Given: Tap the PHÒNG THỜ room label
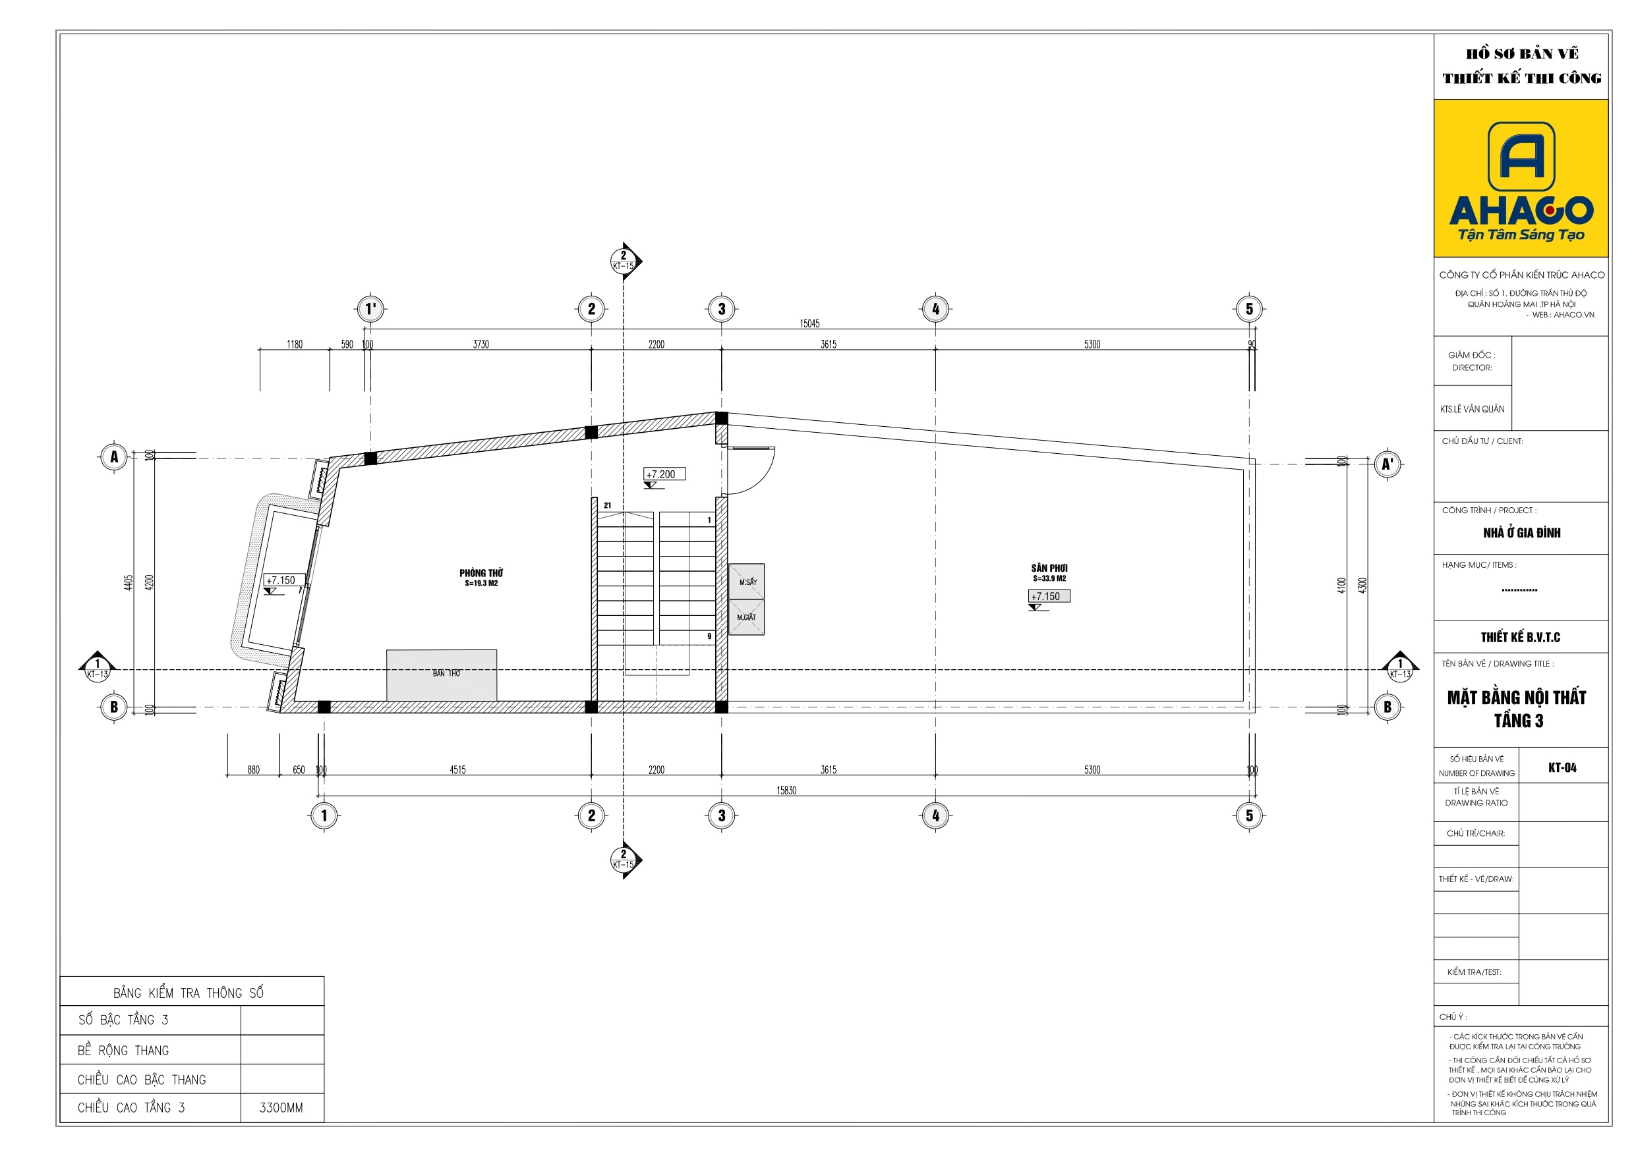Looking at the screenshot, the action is pyautogui.click(x=481, y=572).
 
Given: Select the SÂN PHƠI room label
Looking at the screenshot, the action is pyautogui.click(x=1049, y=568).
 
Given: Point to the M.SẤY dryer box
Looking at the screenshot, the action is pyautogui.click(x=747, y=581).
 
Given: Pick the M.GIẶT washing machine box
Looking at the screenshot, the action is pyautogui.click(x=747, y=617).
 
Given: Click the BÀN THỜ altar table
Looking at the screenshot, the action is pyautogui.click(x=442, y=675).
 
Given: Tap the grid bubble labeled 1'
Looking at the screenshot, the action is pyautogui.click(x=370, y=309).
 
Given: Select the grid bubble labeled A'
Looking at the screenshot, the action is pyautogui.click(x=1388, y=464).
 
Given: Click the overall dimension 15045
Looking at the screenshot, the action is pyautogui.click(x=809, y=323).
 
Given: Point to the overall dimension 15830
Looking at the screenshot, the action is pyautogui.click(x=786, y=790).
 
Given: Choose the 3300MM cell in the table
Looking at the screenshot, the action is pyautogui.click(x=281, y=1107).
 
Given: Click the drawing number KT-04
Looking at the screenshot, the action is pyautogui.click(x=1563, y=768).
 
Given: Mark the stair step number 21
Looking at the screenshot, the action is pyautogui.click(x=608, y=506).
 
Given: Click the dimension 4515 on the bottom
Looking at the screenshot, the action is pyautogui.click(x=457, y=770).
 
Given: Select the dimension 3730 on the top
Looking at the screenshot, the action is pyautogui.click(x=481, y=344).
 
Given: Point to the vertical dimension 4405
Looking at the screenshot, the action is pyautogui.click(x=129, y=583).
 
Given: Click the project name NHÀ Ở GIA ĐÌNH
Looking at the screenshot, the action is pyautogui.click(x=1522, y=533).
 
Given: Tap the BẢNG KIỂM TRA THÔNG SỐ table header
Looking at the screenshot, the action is pyautogui.click(x=188, y=993).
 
